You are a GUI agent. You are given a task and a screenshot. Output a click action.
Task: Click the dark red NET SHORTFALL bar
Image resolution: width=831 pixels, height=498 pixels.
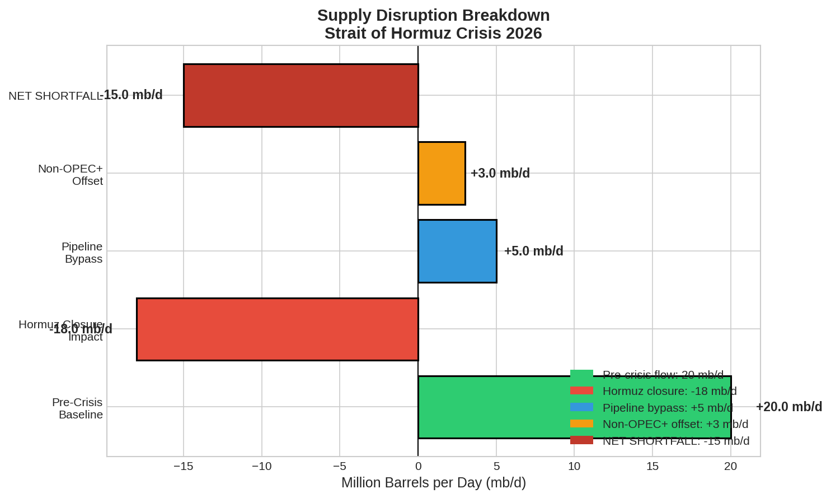[x=301, y=95]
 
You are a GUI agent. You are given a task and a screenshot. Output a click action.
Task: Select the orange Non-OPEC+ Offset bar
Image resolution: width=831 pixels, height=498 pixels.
[x=442, y=173]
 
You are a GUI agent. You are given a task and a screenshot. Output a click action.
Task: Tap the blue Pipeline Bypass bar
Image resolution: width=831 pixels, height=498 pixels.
[x=457, y=251]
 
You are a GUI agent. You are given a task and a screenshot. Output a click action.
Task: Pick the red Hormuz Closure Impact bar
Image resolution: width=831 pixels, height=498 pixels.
[x=278, y=329]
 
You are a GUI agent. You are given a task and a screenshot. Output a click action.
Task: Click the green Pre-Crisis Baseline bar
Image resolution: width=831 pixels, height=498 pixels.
[x=492, y=407]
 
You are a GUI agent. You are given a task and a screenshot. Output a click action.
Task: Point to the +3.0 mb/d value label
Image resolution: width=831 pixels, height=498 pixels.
[x=500, y=173]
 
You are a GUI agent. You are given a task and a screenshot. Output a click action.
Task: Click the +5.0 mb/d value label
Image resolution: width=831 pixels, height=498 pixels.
[x=533, y=251]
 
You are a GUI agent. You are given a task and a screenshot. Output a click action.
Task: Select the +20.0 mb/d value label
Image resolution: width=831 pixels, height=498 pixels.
[x=788, y=407]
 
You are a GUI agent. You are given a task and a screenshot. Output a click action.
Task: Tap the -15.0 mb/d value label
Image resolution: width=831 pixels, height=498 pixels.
[x=132, y=95]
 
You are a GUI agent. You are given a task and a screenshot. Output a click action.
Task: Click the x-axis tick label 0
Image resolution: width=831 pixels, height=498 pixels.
[x=418, y=466]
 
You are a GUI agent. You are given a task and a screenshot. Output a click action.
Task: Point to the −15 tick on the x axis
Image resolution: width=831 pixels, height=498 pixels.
[x=184, y=466]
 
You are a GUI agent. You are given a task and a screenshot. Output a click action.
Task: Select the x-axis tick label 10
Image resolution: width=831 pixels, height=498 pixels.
[x=574, y=466]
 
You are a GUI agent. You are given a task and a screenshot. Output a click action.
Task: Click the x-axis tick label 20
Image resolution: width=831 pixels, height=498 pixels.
[x=730, y=466]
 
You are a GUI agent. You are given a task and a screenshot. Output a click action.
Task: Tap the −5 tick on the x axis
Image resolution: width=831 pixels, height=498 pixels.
[x=340, y=466]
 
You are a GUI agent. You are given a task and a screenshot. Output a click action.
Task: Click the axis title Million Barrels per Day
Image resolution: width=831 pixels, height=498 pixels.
[x=433, y=482]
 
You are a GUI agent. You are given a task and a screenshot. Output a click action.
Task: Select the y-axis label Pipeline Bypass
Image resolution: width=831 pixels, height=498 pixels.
[x=82, y=253]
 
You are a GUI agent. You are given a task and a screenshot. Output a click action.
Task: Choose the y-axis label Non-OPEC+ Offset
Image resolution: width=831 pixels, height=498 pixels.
[x=71, y=175]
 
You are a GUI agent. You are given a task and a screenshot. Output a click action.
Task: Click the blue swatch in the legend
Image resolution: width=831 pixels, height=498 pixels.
[x=581, y=407]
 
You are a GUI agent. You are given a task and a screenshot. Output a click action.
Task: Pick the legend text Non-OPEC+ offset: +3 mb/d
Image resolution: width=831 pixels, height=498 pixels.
[x=675, y=424]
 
